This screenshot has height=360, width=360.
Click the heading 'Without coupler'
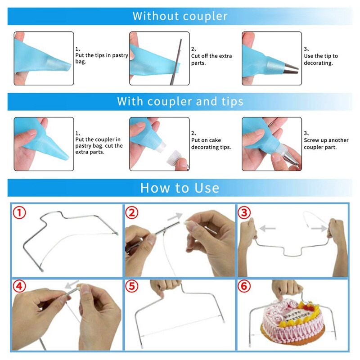click(180, 17)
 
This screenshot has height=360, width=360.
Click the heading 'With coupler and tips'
click(180, 101)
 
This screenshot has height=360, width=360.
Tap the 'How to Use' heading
click(180, 187)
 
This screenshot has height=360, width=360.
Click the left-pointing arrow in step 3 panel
click(269, 229)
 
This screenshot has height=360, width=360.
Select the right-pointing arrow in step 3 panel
click(319, 229)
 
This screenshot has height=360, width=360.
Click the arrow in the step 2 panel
click(174, 217)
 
